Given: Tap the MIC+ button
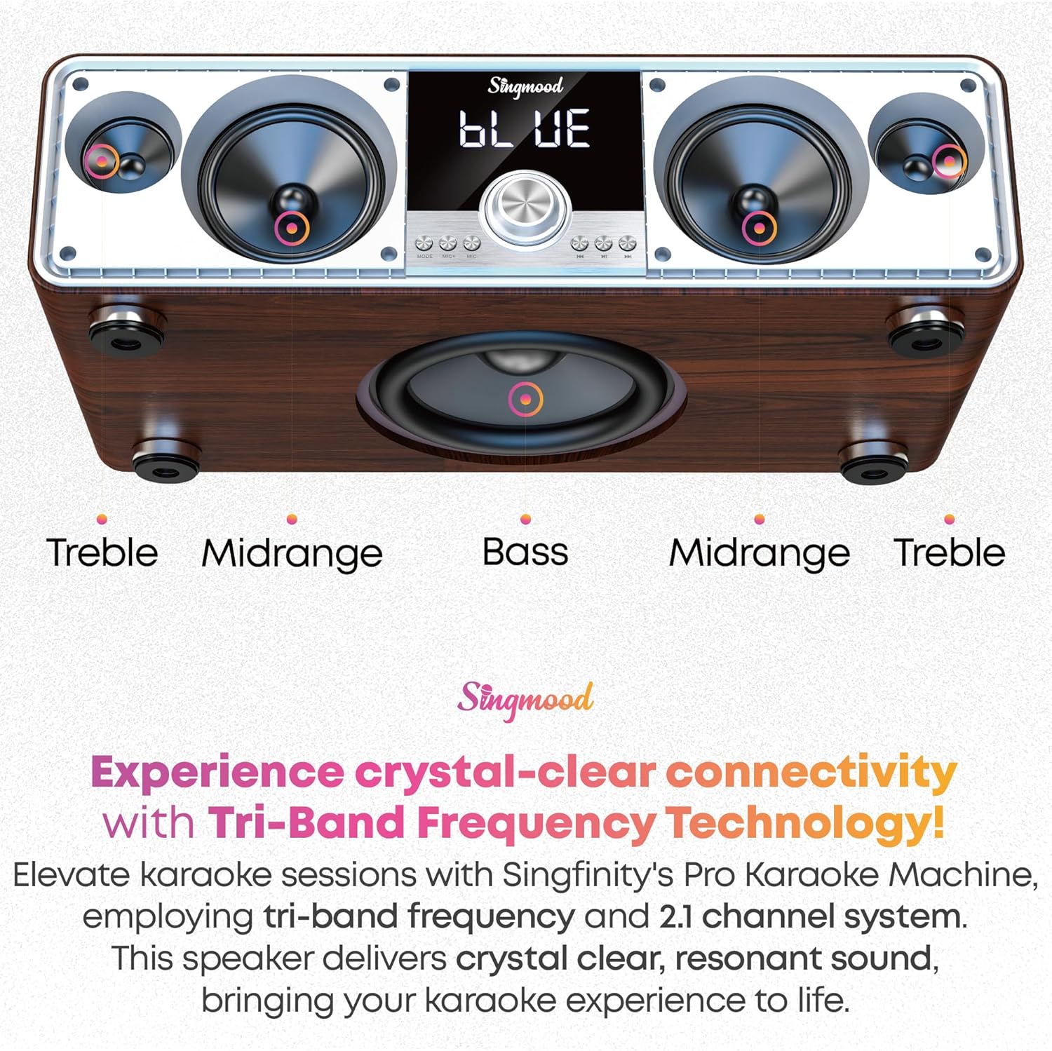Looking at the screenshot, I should pos(447,244).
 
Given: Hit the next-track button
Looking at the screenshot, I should pos(628,244).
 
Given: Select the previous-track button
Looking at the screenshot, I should pos(579,244).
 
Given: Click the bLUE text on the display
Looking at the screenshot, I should pos(525,130).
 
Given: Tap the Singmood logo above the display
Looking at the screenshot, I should pos(525,86).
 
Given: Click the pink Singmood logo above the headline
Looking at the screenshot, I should pos(525,698).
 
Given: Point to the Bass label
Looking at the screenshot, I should pos(525,552).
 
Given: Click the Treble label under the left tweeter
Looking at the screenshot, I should pos(102,552).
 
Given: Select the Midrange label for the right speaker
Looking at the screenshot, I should pos(760,552).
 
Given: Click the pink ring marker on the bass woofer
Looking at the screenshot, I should pos(525,399).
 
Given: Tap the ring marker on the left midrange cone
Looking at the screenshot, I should pos(291,227).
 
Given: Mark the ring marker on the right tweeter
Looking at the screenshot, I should pos(949,161).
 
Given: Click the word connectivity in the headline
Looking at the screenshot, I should pos(811,772).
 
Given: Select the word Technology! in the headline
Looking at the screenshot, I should pos(804,822).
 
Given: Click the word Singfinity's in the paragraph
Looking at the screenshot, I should pos(588,875).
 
